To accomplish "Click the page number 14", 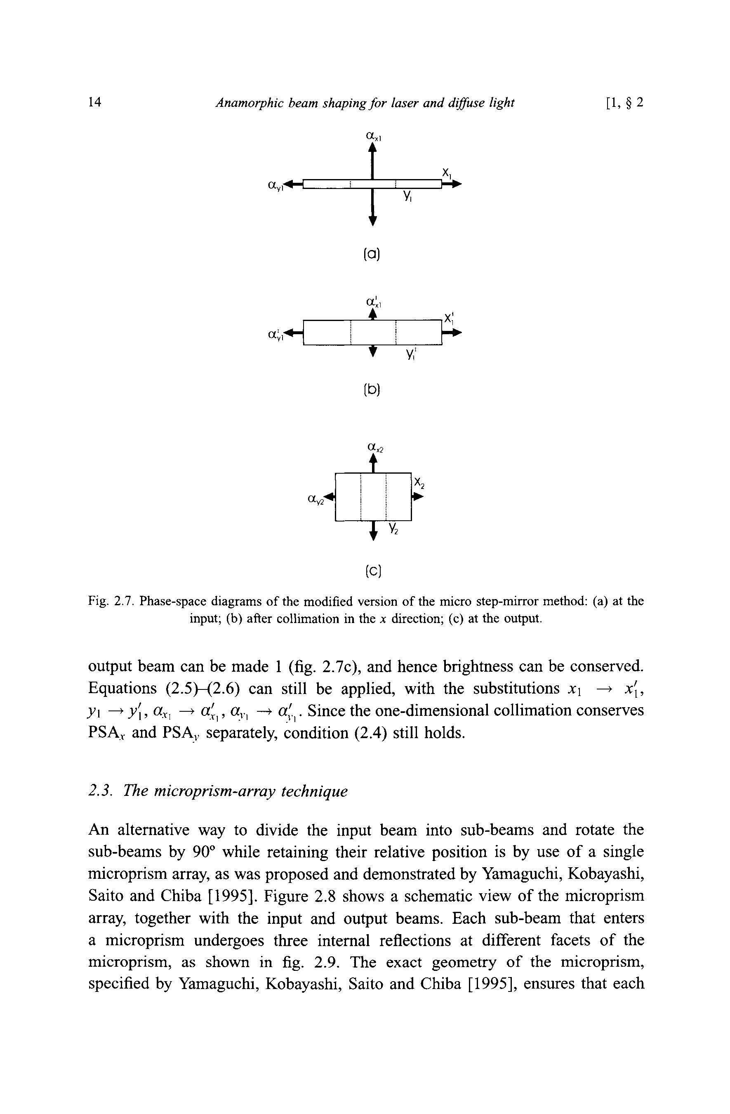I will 94,102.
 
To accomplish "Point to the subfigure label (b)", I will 372,389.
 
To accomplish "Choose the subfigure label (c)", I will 372,571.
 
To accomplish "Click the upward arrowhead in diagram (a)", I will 372,147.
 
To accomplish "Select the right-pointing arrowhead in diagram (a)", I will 456,184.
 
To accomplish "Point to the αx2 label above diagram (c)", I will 375,448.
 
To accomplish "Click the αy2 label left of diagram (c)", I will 316,500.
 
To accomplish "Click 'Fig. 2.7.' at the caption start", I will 111,601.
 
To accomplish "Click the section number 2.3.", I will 99,791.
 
